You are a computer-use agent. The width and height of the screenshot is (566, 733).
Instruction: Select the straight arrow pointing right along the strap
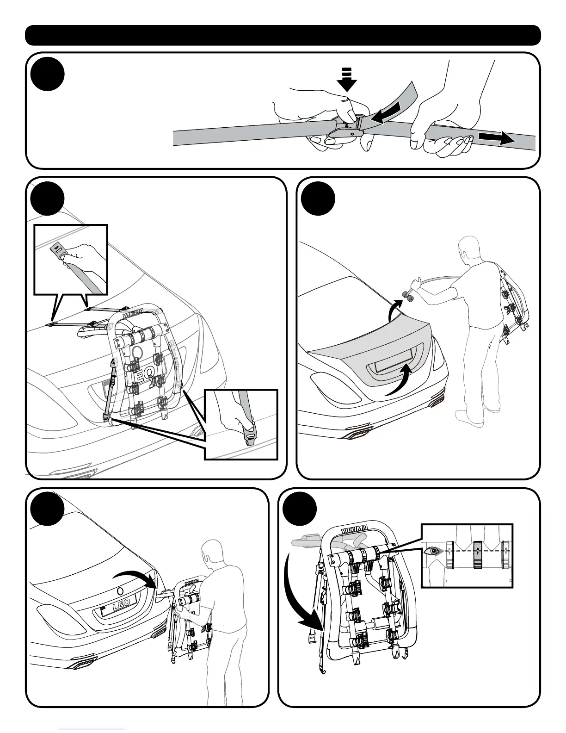pyautogui.click(x=496, y=137)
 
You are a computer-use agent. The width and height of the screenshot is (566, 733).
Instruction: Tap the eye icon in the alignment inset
pyautogui.click(x=432, y=551)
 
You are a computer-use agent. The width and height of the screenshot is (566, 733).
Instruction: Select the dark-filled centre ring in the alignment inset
pyautogui.click(x=478, y=554)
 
